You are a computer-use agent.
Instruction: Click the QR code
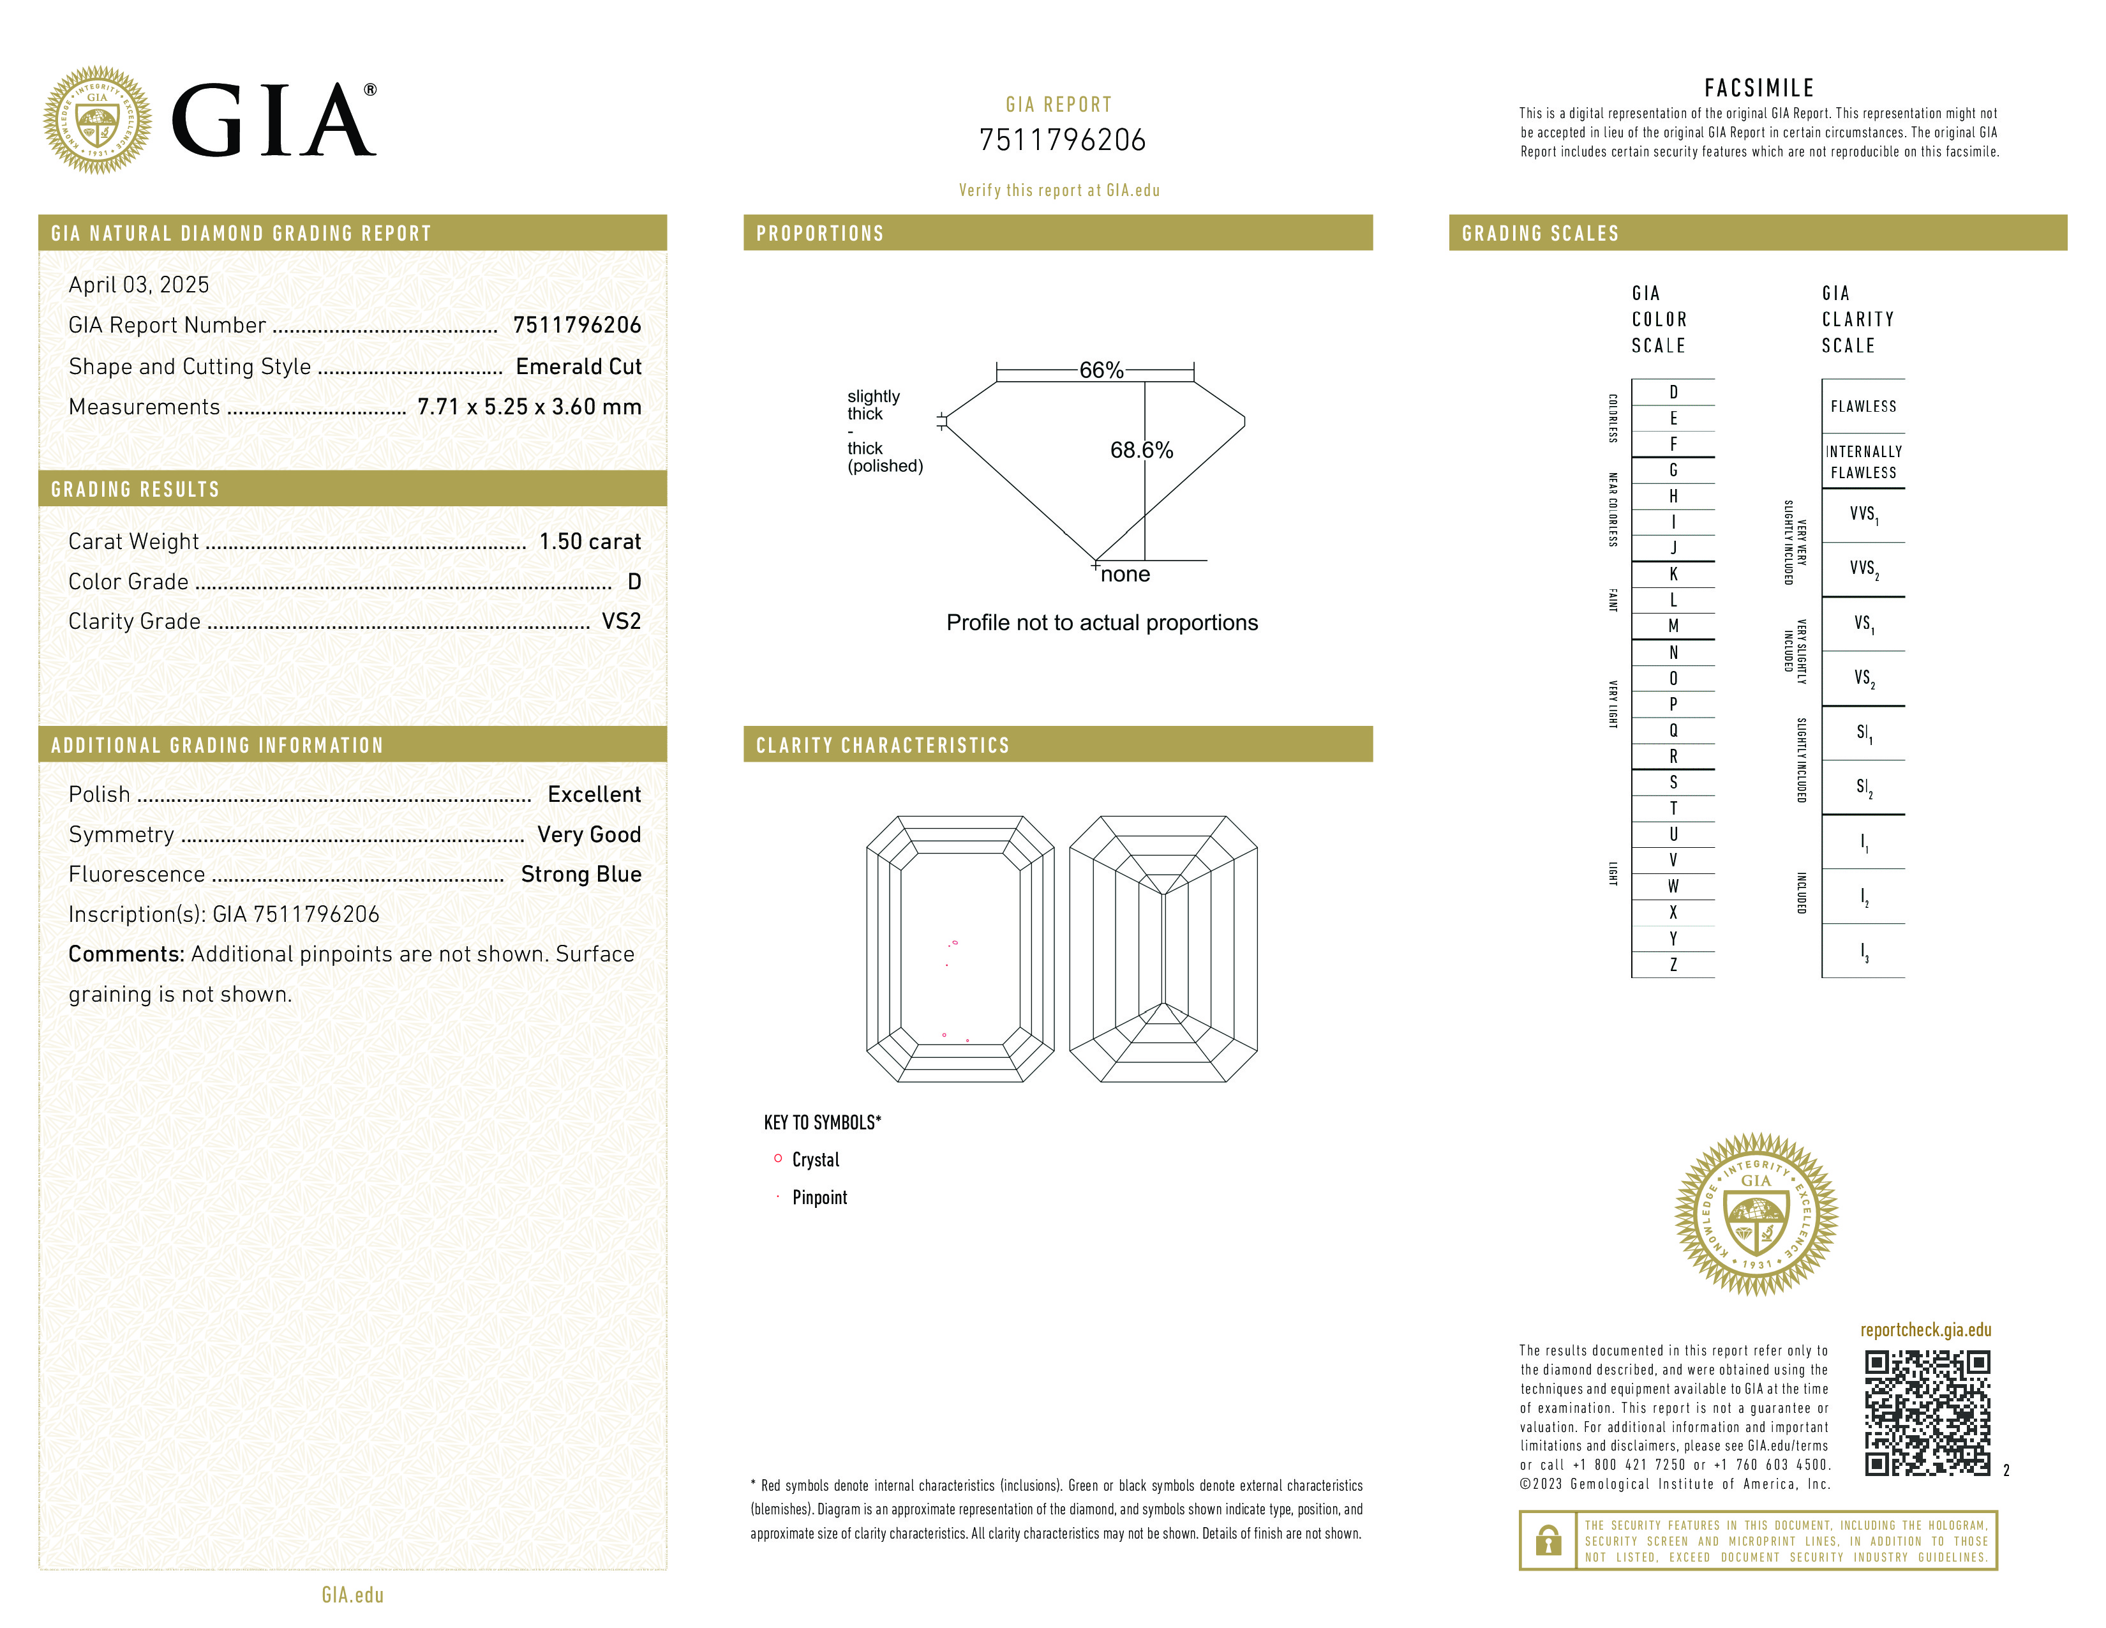(x=1927, y=1412)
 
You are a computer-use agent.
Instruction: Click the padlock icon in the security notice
(x=1548, y=1541)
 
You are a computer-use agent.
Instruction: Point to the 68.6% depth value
(x=1141, y=450)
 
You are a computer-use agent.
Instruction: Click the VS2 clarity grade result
(x=621, y=622)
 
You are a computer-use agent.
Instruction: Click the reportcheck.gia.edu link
(x=1925, y=1330)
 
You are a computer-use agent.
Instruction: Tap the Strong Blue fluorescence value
(x=581, y=875)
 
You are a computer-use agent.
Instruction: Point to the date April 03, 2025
(x=139, y=285)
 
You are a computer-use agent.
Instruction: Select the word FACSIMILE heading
(x=1759, y=89)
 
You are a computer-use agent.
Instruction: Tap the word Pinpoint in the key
(x=819, y=1198)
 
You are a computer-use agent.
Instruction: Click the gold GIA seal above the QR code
(x=1756, y=1214)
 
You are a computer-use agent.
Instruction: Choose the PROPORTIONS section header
(x=819, y=234)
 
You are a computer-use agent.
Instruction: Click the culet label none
(x=1125, y=575)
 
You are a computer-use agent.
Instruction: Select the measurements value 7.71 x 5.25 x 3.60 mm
(x=528, y=407)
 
